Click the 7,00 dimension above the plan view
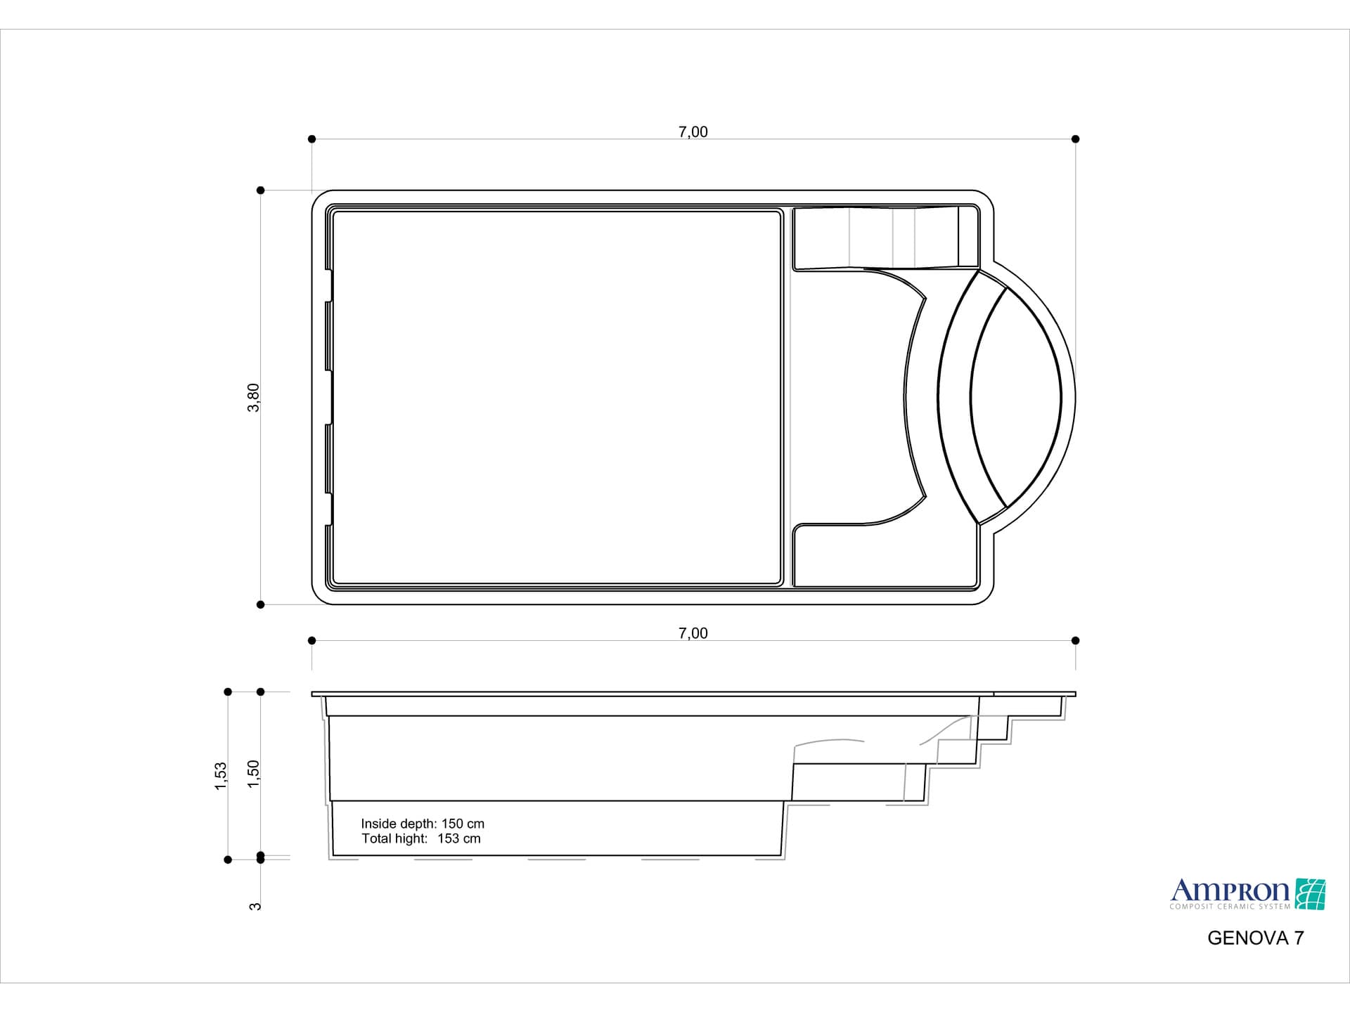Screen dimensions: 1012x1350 693,132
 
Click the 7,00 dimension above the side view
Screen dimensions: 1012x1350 693,633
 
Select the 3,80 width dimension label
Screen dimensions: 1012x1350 254,398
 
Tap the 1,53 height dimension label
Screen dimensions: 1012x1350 221,776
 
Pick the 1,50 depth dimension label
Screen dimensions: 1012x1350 254,774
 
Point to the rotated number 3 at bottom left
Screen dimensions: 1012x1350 255,907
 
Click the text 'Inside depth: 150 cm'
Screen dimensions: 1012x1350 423,824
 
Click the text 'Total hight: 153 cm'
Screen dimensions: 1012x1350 421,838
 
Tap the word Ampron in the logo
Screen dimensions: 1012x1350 1230,891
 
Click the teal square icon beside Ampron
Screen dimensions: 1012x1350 1311,894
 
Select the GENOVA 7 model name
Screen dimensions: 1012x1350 1255,938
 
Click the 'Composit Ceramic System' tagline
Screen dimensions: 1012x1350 1230,907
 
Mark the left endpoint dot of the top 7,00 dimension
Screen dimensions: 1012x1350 312,139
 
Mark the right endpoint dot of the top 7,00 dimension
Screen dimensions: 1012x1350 1075,139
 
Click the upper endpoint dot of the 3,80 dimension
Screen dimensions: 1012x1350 261,190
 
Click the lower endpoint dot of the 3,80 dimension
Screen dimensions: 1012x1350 261,604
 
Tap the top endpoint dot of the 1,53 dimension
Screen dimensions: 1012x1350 228,692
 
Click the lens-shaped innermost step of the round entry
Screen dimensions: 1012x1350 1016,398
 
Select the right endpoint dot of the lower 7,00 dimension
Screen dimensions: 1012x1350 1075,640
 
